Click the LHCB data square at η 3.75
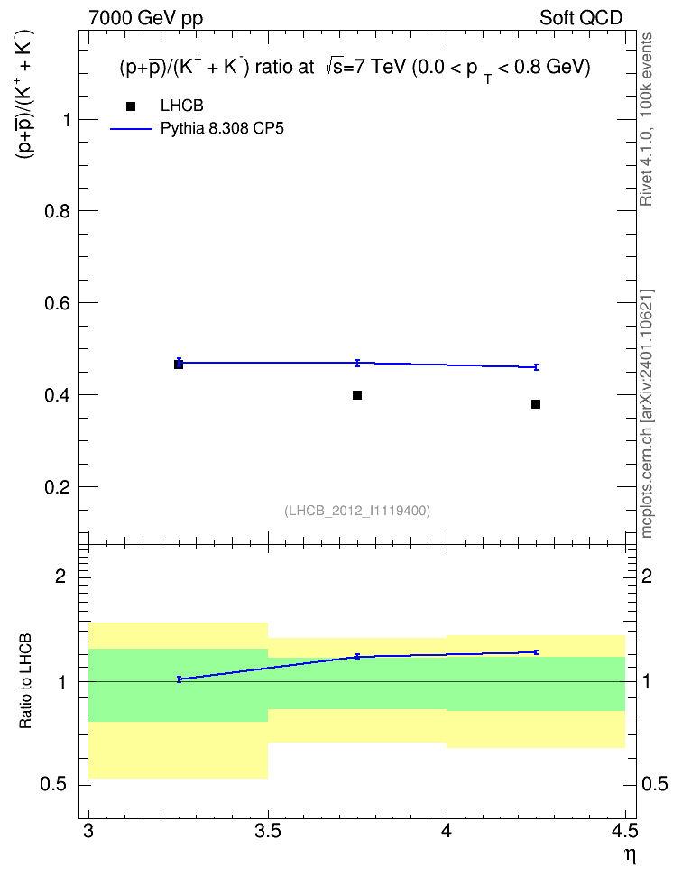click(357, 395)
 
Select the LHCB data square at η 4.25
click(536, 404)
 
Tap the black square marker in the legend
click(131, 106)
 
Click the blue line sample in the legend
click(131, 129)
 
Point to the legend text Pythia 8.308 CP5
click(222, 129)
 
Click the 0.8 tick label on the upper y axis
click(57, 211)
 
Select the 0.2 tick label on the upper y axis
click(57, 487)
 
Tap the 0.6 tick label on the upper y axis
click(57, 303)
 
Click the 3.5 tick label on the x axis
click(267, 832)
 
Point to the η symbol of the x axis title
click(631, 855)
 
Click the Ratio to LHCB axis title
click(25, 681)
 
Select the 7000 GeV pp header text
click(145, 18)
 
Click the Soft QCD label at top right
click(581, 18)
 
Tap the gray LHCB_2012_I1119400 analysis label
click(357, 511)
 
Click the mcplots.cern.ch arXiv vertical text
click(647, 414)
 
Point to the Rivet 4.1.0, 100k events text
click(646, 119)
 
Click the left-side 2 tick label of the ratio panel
click(60, 576)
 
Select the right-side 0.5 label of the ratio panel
click(655, 785)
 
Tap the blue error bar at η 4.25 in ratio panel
click(536, 652)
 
